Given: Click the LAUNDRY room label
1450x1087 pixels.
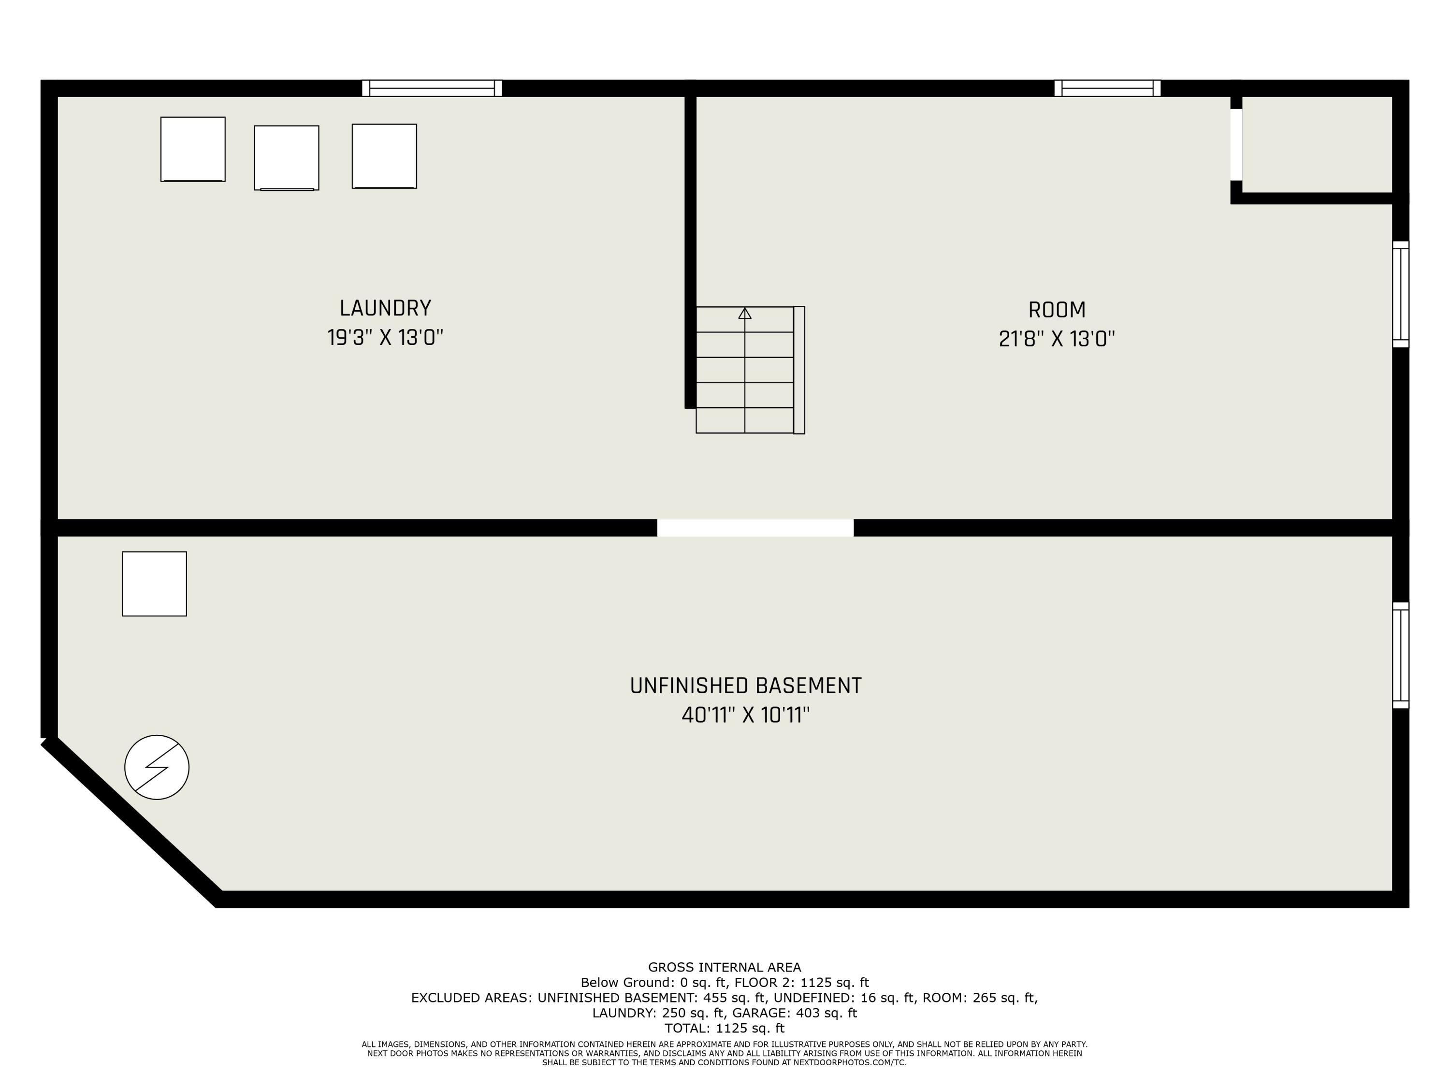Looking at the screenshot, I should pyautogui.click(x=385, y=308).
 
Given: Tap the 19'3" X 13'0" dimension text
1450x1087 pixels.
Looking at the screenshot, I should pyautogui.click(x=385, y=338).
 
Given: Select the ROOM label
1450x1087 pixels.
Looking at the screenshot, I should pyautogui.click(x=1056, y=310).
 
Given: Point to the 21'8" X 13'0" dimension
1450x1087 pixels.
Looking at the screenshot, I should pyautogui.click(x=1056, y=340).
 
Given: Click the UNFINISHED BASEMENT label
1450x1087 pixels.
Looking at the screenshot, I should pyautogui.click(x=745, y=686).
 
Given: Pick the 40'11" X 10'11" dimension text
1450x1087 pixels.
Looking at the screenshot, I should pyautogui.click(x=745, y=715).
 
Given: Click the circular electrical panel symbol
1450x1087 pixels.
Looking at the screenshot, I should pyautogui.click(x=157, y=767).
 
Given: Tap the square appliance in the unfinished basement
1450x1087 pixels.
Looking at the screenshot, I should pyautogui.click(x=154, y=584).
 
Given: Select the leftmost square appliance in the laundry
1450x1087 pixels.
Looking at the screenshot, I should pyautogui.click(x=193, y=149).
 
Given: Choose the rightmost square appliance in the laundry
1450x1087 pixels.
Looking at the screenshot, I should pyautogui.click(x=384, y=156).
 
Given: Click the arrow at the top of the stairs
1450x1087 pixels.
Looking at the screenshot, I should pyautogui.click(x=745, y=314).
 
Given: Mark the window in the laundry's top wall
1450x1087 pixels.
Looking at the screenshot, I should pyautogui.click(x=432, y=88).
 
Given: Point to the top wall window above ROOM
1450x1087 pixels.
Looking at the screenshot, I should pyautogui.click(x=1107, y=88).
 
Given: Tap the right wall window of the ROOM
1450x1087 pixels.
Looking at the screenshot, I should pyautogui.click(x=1400, y=294).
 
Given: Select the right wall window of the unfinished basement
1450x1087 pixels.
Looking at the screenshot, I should pyautogui.click(x=1400, y=655).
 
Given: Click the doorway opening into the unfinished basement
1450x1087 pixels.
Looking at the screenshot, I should pyautogui.click(x=755, y=528).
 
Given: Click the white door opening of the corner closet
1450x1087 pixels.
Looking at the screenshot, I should pyautogui.click(x=1236, y=144).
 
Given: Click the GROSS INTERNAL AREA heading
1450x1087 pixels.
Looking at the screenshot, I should pyautogui.click(x=725, y=967).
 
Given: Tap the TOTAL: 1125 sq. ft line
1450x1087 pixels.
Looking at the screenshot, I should pyautogui.click(x=725, y=1028).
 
